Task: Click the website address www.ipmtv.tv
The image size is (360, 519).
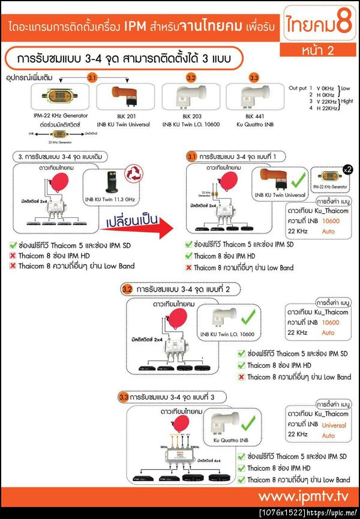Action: coord(304,496)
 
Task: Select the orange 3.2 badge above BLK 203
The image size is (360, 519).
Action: coord(191,79)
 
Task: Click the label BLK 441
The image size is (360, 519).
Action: coord(254,115)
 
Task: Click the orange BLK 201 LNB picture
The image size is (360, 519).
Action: coord(125,97)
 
